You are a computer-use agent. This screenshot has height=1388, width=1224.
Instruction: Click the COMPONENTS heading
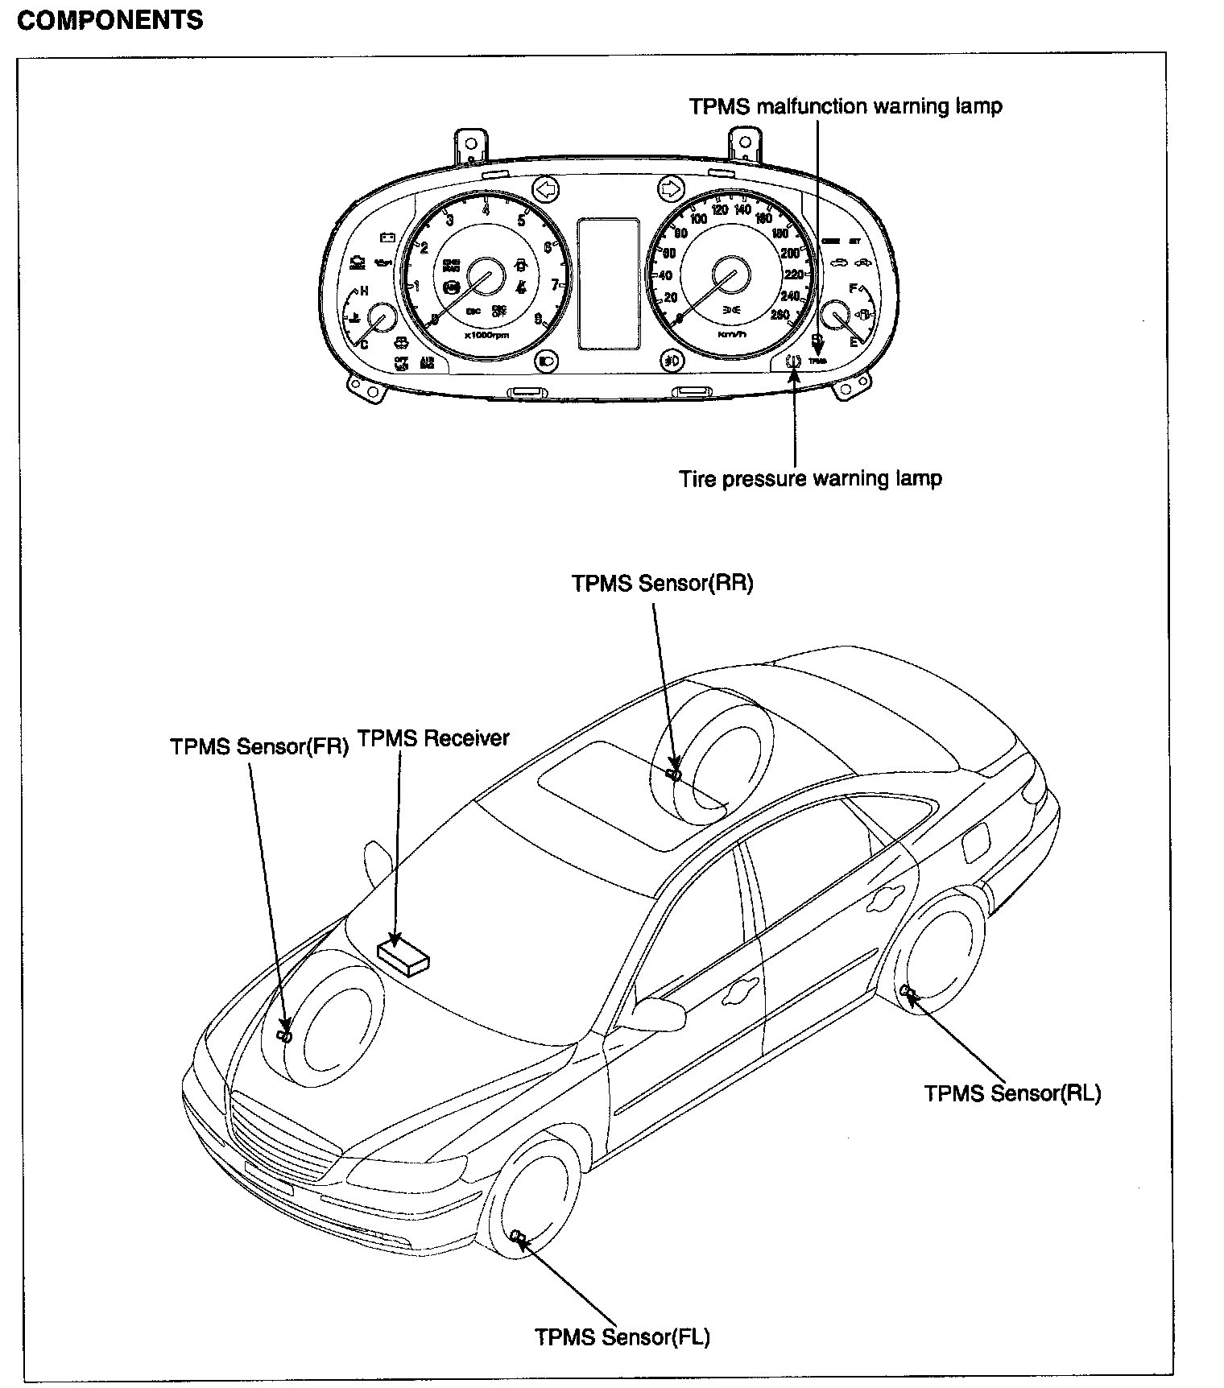point(110,19)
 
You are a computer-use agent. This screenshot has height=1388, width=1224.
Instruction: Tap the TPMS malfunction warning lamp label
point(846,106)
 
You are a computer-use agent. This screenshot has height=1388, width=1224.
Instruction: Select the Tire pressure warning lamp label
point(810,478)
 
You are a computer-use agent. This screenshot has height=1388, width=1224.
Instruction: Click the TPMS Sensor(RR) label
point(662,583)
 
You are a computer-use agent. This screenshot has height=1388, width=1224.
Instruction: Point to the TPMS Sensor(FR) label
point(259,746)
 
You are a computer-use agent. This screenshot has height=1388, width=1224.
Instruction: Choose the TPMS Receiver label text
point(433,737)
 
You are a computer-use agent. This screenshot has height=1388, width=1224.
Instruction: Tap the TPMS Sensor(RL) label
point(1012,1093)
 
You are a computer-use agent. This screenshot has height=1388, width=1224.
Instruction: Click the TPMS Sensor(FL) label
point(622,1336)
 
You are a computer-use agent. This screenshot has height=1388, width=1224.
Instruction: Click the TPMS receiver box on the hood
point(404,956)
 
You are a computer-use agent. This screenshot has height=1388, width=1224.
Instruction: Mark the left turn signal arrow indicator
point(546,190)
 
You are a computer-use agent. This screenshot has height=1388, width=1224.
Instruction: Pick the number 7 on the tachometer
point(554,284)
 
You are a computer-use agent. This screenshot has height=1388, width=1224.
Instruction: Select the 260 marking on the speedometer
point(779,315)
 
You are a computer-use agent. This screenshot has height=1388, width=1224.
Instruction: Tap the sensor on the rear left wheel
point(907,991)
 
